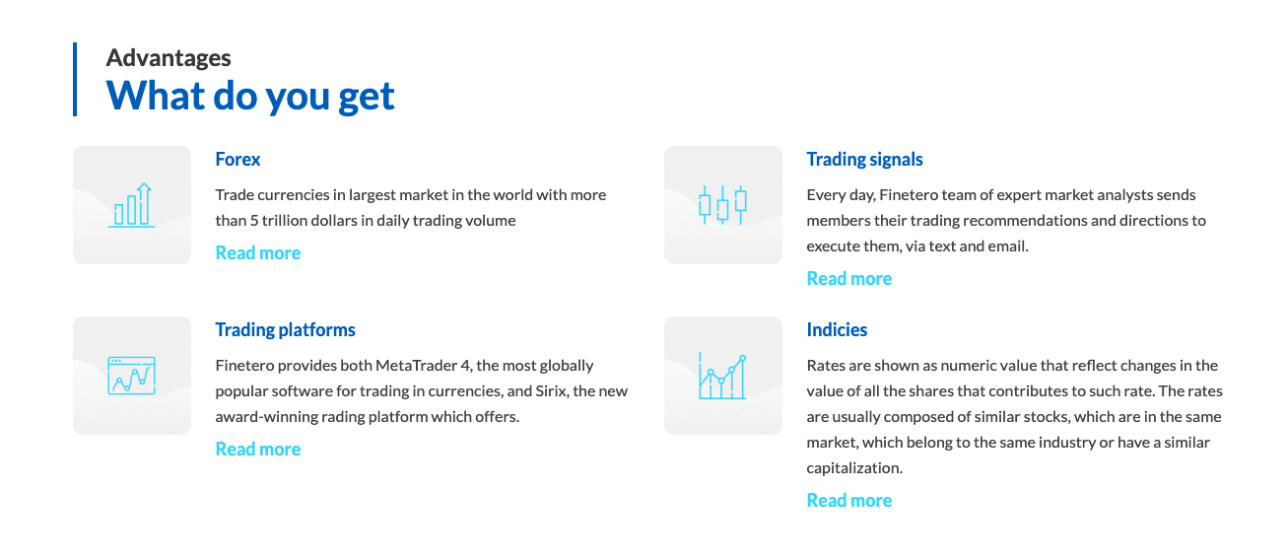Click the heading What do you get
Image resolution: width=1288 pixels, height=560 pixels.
coord(250,96)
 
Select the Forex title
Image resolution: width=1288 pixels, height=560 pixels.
coord(237,159)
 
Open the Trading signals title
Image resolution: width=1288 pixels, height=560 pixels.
coord(864,160)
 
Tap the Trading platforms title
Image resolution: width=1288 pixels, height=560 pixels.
coord(285,329)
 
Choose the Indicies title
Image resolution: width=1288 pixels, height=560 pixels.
coord(837,329)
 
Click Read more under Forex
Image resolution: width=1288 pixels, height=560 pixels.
coord(257,252)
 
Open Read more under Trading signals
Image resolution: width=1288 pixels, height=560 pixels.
coord(849,279)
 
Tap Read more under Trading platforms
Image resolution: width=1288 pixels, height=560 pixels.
coord(257,449)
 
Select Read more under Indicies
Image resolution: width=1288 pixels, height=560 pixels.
coord(849,500)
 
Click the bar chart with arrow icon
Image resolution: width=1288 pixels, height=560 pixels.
coord(132,205)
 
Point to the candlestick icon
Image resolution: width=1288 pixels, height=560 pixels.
coord(722,205)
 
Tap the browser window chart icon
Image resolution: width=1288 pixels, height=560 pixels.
coord(132,376)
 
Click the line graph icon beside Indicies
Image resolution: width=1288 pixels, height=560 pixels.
coord(722,377)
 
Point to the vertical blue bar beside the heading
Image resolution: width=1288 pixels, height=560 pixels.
coord(75,80)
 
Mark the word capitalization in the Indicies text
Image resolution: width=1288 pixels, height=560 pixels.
coord(854,468)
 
